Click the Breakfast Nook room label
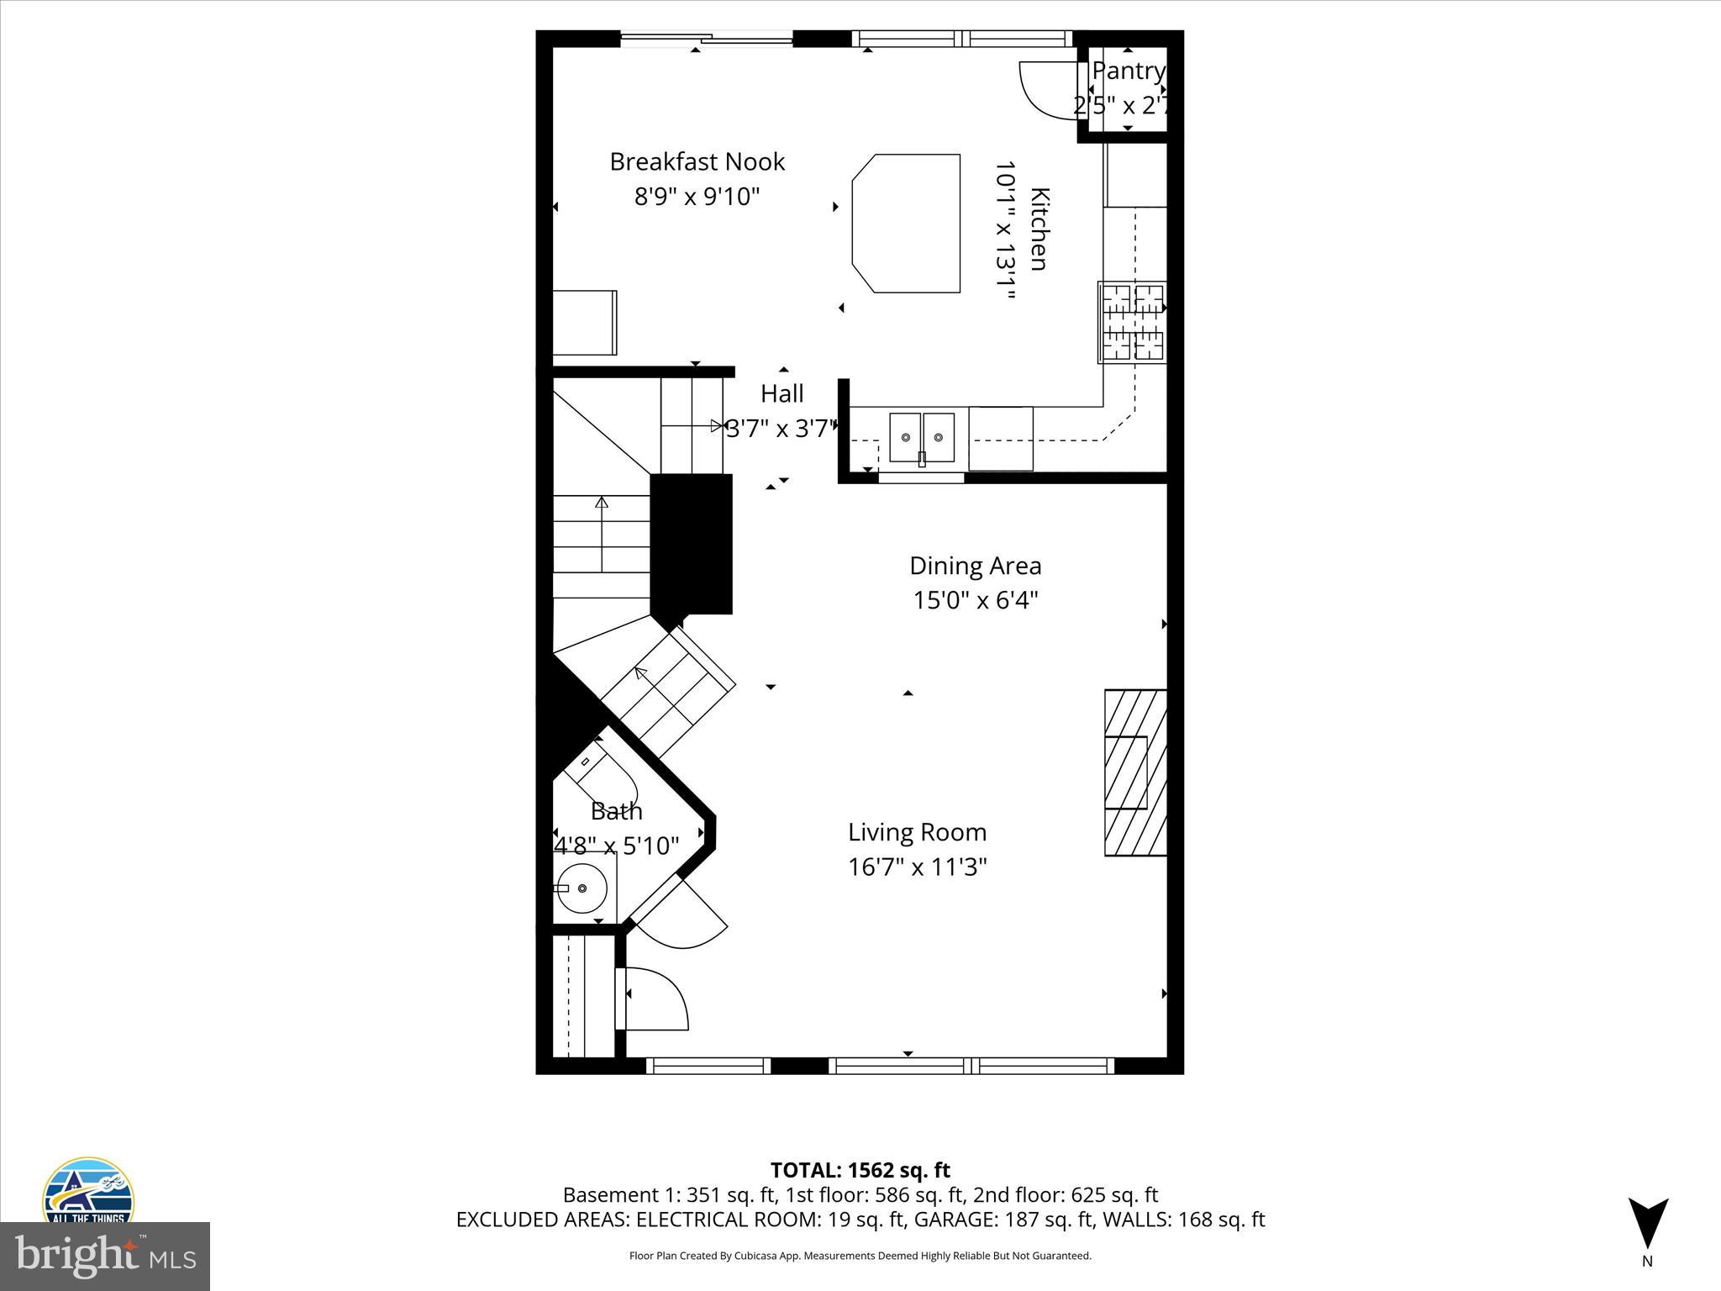(x=697, y=161)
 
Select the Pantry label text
(x=1128, y=72)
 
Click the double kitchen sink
(x=922, y=437)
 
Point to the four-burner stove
(x=1133, y=323)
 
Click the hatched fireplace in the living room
(x=1135, y=772)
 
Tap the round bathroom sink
(x=582, y=888)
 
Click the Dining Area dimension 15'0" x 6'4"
(x=976, y=601)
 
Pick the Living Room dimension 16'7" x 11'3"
(x=917, y=867)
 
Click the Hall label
(x=782, y=393)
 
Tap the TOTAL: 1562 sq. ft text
(x=860, y=1170)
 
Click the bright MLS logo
(x=104, y=1255)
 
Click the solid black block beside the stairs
(x=691, y=544)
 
